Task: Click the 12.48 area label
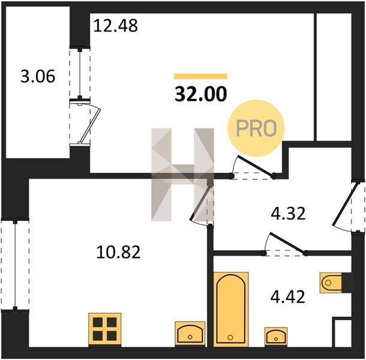point(116,26)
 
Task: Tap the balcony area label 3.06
point(38,76)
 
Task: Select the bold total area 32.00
point(201,94)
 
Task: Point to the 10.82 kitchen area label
point(118,252)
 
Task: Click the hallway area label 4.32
point(288,214)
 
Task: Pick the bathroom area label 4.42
point(288,297)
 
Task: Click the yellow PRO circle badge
point(256,128)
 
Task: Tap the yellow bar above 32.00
point(200,76)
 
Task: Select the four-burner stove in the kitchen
point(105,329)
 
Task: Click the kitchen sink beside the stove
point(190,333)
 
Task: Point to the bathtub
point(230,309)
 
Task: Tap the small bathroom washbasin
point(276,336)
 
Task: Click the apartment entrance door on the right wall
point(345,204)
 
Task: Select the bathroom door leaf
point(288,243)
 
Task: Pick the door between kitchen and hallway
point(201,203)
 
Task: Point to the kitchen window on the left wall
point(15,265)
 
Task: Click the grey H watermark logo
point(182,175)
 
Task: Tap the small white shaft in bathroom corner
point(343,332)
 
